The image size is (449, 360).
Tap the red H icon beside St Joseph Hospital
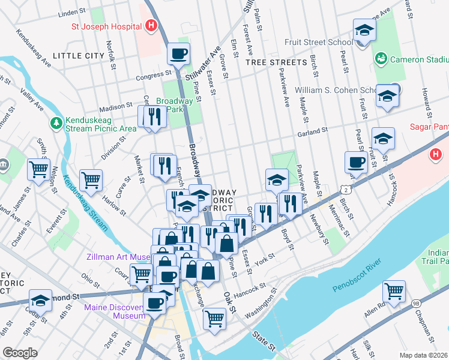pos(151,26)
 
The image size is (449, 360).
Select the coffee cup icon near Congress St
pos(178,55)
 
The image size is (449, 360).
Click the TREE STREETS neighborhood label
pos(276,62)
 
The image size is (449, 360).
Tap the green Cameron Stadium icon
pos(381,58)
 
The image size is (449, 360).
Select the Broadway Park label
pos(174,106)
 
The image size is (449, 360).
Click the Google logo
pos(20,353)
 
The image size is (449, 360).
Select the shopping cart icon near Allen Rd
pos(394,292)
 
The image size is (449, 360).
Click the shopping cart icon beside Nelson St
pos(38,170)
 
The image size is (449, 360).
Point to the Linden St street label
pos(74,13)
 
